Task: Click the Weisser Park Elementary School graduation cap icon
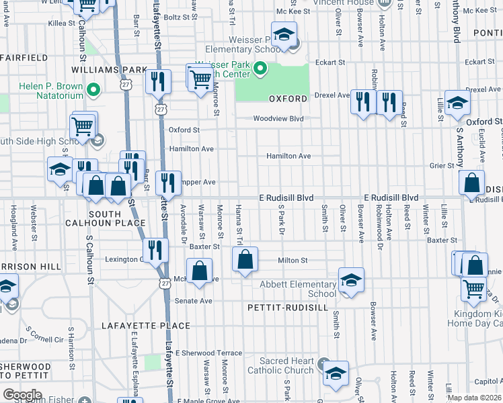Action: [284, 34]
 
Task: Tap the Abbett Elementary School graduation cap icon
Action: [351, 279]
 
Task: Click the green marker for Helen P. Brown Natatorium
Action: [93, 87]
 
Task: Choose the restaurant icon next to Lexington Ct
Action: [157, 251]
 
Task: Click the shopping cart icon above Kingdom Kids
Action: [474, 288]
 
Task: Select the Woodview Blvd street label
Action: [278, 119]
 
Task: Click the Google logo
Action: [22, 394]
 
